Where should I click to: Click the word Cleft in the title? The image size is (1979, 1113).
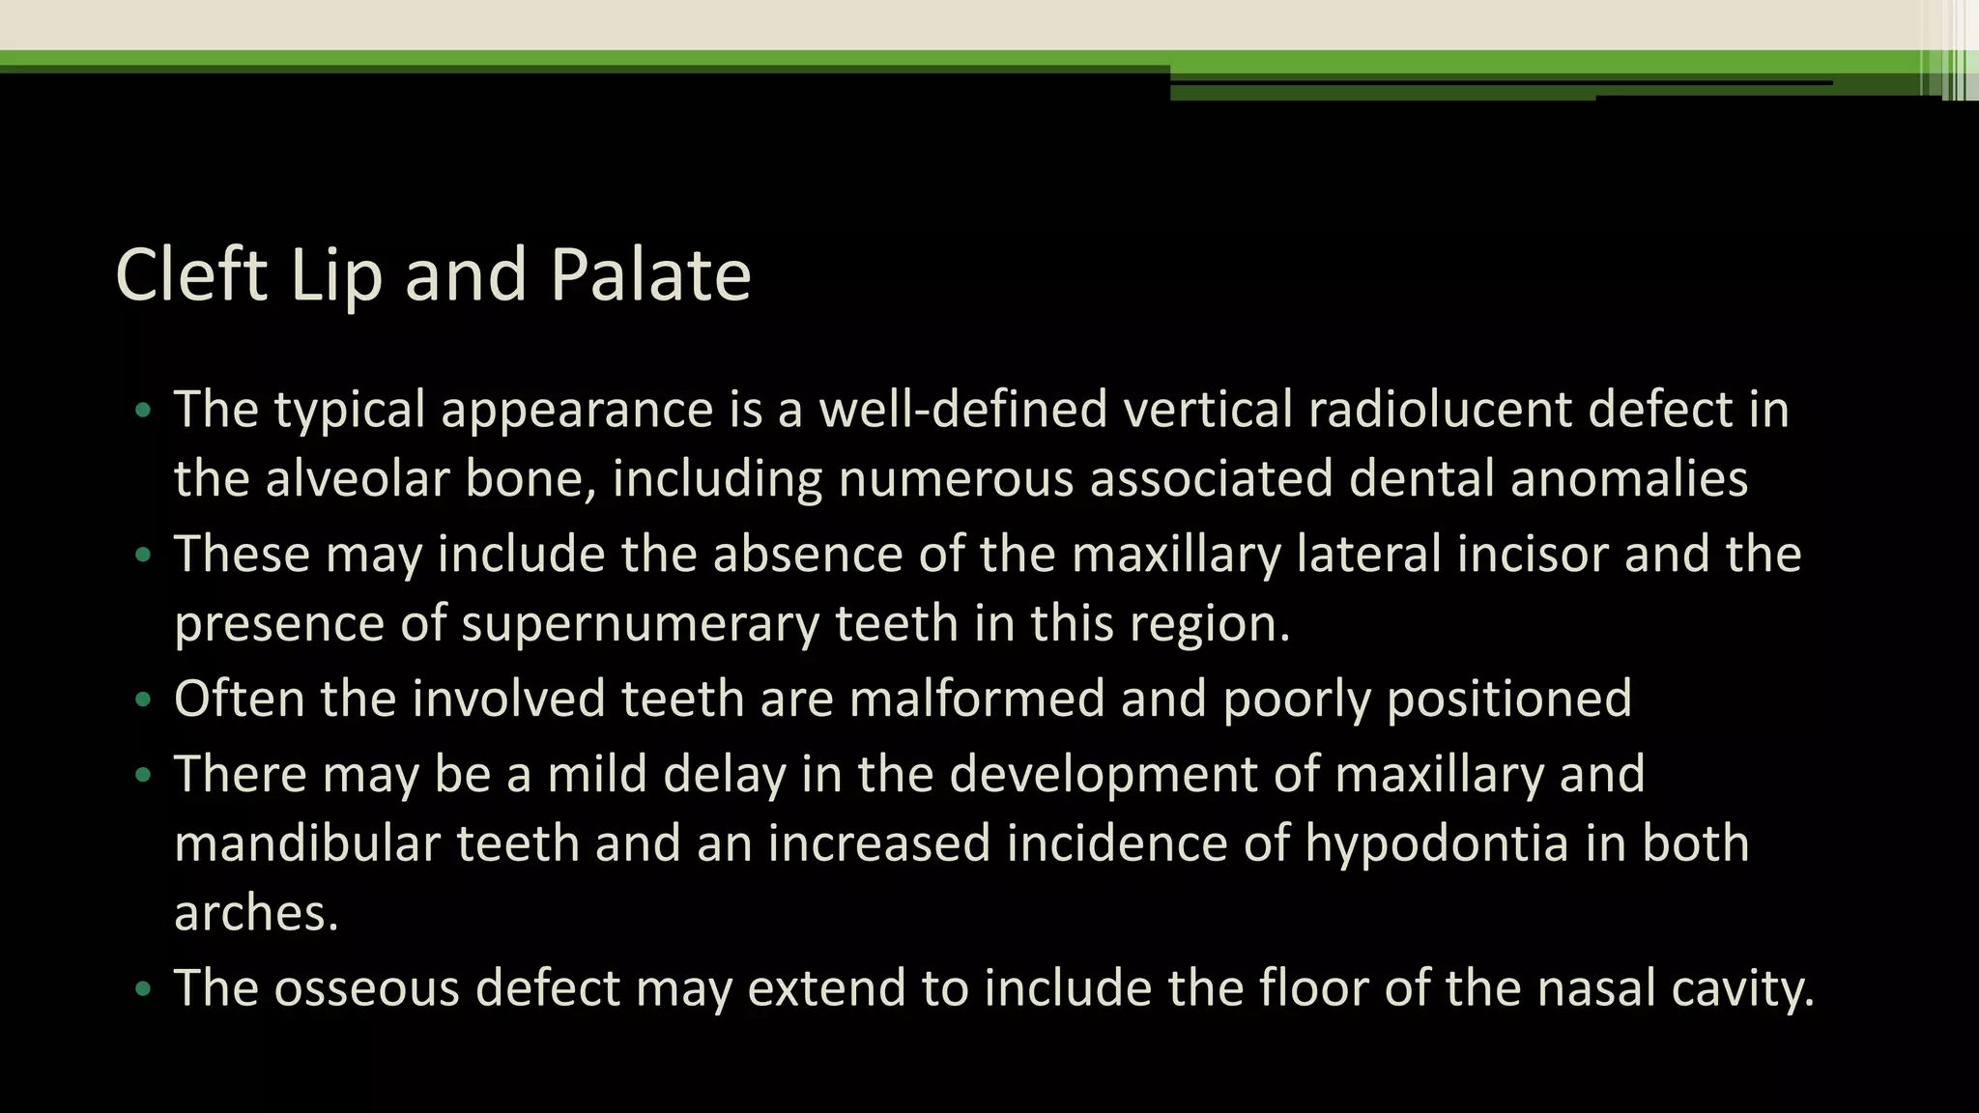click(x=190, y=275)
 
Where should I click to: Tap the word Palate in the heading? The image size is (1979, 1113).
click(x=650, y=275)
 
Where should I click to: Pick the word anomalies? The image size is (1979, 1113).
click(x=1629, y=478)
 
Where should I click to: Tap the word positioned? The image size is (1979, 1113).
click(x=1509, y=698)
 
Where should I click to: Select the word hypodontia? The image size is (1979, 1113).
click(x=1437, y=842)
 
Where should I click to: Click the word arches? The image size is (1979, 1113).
click(x=256, y=912)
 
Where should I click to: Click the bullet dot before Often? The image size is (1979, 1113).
click(x=144, y=699)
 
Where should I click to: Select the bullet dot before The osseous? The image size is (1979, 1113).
click(x=144, y=989)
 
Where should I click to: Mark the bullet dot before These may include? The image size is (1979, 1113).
click(x=144, y=556)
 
